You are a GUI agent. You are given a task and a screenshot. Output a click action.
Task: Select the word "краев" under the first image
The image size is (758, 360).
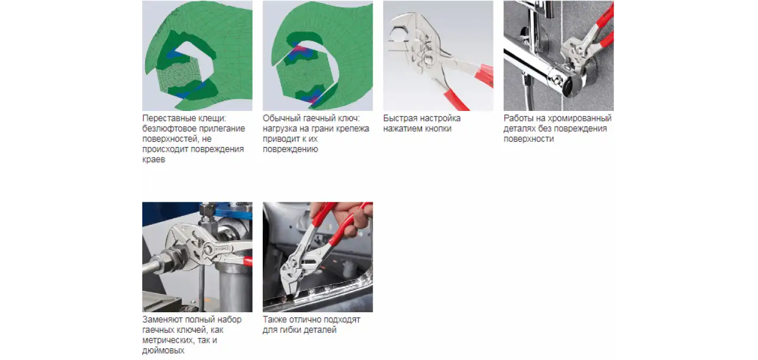153,160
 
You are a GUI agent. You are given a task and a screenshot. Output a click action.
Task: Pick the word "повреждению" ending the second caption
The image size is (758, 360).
290,149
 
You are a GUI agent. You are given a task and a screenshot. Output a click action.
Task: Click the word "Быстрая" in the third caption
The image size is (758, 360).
400,119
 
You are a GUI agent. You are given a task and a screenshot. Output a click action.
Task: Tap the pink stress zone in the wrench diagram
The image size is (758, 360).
299,50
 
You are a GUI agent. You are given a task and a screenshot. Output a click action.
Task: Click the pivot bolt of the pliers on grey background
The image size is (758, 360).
429,60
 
